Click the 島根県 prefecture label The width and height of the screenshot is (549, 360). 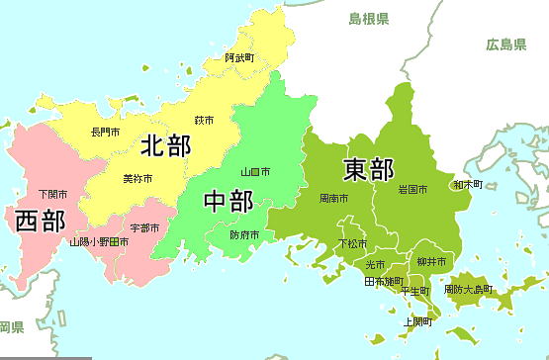click(x=368, y=19)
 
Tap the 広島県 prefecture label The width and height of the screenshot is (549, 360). click(x=506, y=44)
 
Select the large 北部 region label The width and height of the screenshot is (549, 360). click(x=165, y=146)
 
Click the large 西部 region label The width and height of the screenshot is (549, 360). click(x=41, y=221)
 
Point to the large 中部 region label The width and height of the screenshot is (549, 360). click(x=228, y=200)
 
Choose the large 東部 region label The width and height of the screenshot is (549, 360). click(x=368, y=169)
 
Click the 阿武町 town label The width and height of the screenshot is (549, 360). click(x=238, y=58)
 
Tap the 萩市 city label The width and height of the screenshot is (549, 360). click(x=205, y=120)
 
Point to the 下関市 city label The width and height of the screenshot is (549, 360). click(x=52, y=193)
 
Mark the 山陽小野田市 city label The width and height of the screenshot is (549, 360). click(x=98, y=241)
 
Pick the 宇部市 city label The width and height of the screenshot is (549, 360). click(x=144, y=228)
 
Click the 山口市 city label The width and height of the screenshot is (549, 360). click(x=255, y=172)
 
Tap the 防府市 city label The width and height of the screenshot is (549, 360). click(x=244, y=235)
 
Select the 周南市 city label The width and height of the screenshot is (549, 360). click(x=333, y=199)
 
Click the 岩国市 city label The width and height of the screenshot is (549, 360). click(x=412, y=189)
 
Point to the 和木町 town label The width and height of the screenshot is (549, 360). click(x=468, y=184)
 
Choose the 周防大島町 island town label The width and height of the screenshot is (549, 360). click(x=467, y=290)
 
